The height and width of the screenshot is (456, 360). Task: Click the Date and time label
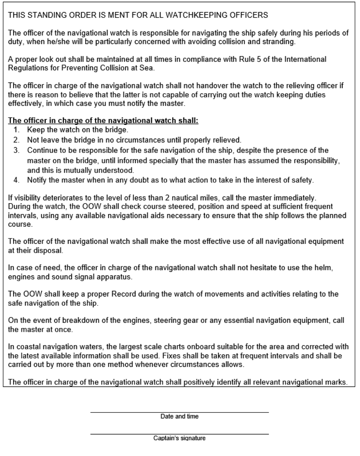[179, 416]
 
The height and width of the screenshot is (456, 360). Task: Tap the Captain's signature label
[179, 438]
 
